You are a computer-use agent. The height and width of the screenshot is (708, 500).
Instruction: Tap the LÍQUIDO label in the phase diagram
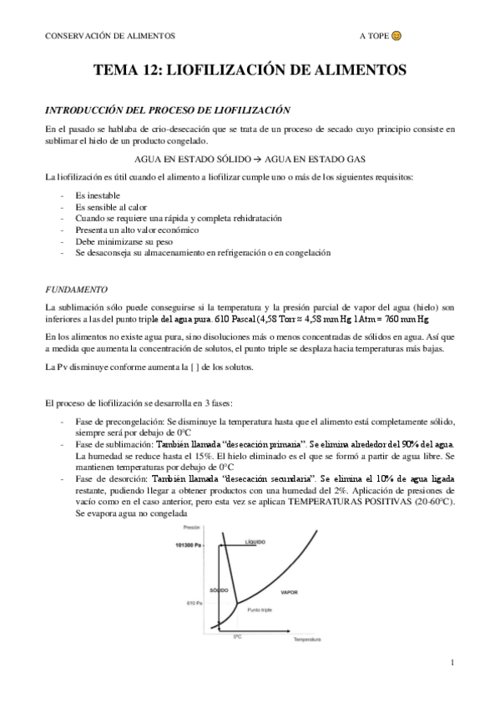pos(255,543)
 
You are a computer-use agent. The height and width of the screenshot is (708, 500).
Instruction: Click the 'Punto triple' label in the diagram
pos(260,610)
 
